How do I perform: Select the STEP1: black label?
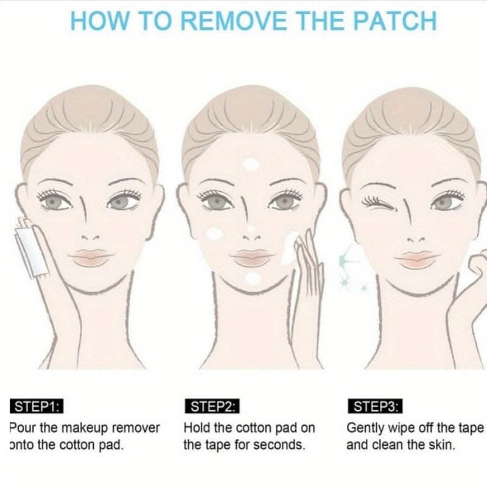[x=37, y=406]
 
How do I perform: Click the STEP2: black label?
[x=212, y=406]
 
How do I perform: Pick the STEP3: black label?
[x=375, y=406]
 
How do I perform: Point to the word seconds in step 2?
[x=278, y=445]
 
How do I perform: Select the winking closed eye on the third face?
[x=379, y=203]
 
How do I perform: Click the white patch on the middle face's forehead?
[x=251, y=164]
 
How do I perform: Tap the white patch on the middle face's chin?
[x=253, y=278]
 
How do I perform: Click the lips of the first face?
[x=91, y=258]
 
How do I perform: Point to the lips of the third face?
[x=417, y=260]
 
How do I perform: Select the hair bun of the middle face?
[x=250, y=119]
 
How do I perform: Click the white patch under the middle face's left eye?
[x=214, y=234]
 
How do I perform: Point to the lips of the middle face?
[x=253, y=258]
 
